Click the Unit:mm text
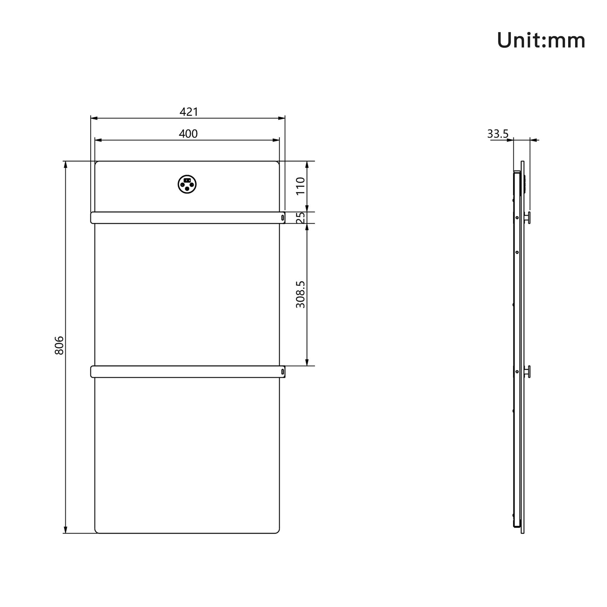(x=541, y=41)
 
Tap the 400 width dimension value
(x=188, y=134)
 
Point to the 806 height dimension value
(x=59, y=345)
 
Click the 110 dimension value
(x=301, y=186)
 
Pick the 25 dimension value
(x=301, y=217)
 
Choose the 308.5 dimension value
(x=301, y=294)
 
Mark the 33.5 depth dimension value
(x=498, y=134)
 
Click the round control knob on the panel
(x=187, y=185)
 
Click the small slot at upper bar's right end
(x=283, y=217)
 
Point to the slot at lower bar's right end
(x=283, y=372)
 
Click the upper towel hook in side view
(x=528, y=217)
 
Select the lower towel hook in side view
(x=528, y=371)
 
